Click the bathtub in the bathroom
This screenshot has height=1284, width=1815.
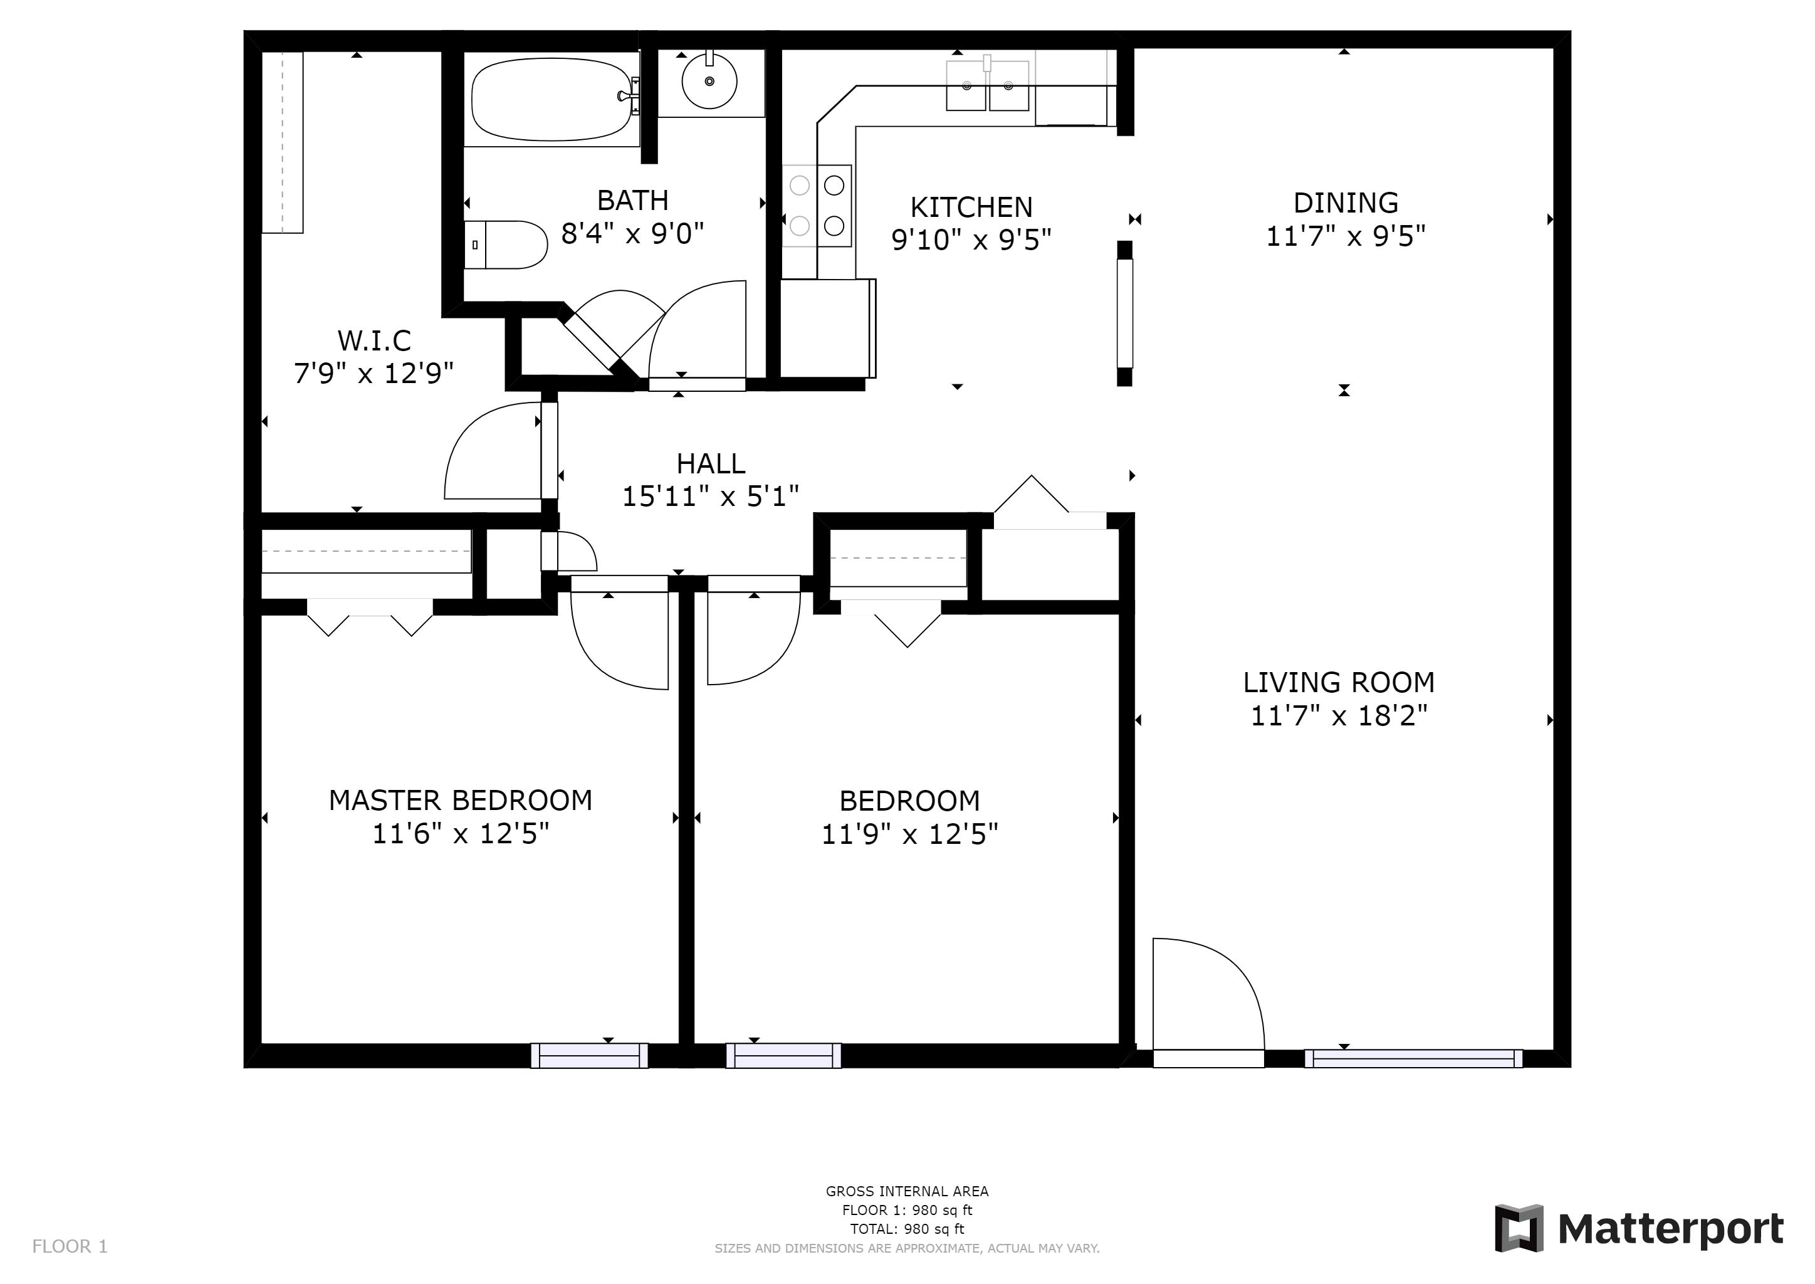pos(551,100)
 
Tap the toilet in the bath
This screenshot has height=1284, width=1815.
pos(506,245)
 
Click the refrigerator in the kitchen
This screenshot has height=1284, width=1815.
pos(827,328)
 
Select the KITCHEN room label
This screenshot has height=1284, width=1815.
pos(971,207)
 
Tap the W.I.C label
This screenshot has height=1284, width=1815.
pos(374,341)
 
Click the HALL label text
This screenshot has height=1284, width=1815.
pos(711,463)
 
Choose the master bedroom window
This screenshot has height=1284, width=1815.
pos(589,1056)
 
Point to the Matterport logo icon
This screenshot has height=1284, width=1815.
pos(1518,1229)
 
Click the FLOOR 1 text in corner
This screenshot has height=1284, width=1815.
pos(70,1247)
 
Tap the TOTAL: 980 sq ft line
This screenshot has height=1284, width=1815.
pos(907,1229)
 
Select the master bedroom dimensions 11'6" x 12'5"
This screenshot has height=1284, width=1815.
pos(460,833)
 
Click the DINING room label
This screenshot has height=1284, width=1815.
pos(1346,203)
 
